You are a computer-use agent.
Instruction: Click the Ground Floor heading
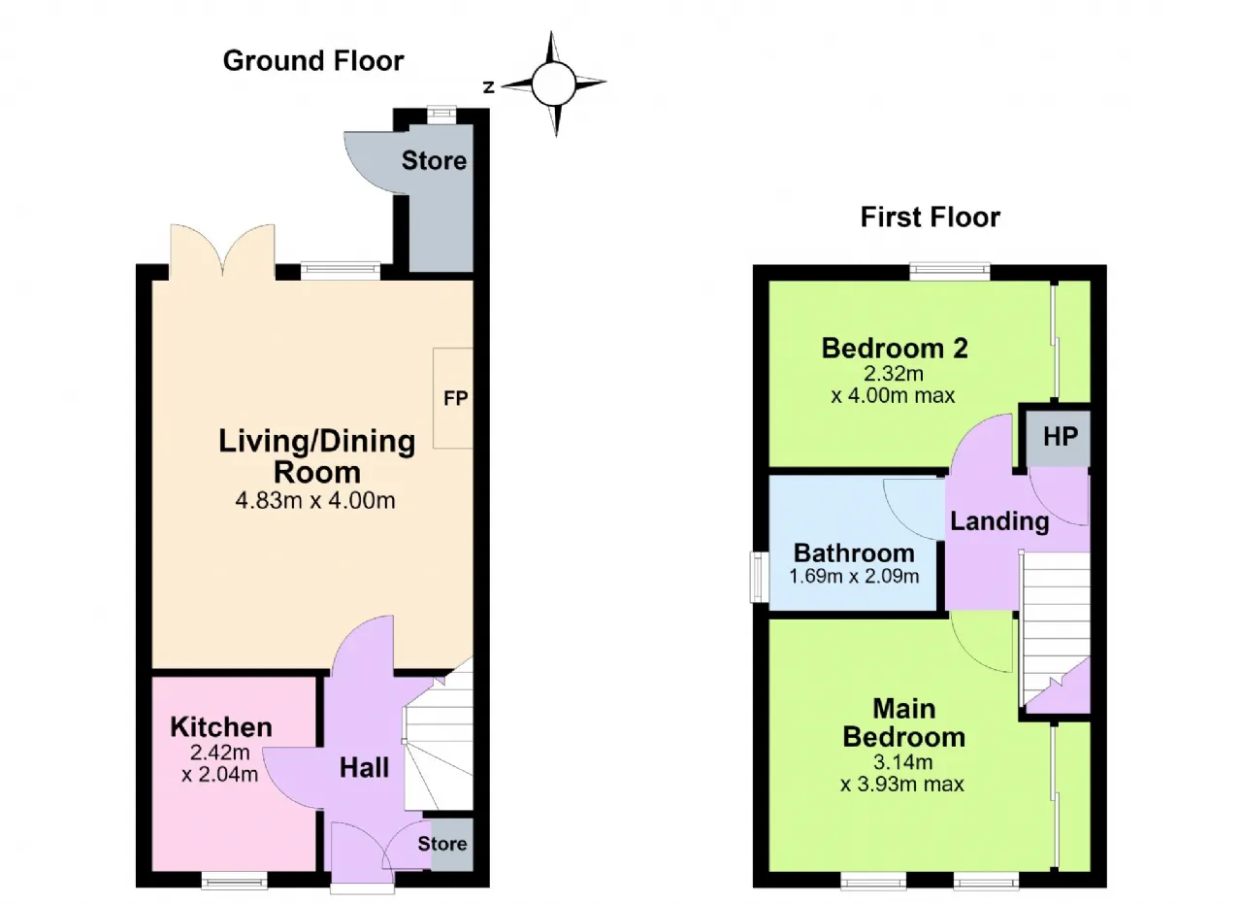point(313,61)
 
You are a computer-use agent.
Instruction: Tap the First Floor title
point(931,217)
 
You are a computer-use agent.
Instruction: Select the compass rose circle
point(553,84)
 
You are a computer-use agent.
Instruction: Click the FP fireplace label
point(456,398)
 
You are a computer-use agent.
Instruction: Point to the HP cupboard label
point(1061,437)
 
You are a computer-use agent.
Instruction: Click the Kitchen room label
point(220,727)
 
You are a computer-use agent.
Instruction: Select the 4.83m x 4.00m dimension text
point(315,501)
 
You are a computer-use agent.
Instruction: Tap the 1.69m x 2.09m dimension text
point(854,576)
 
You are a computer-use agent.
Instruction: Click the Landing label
point(999,521)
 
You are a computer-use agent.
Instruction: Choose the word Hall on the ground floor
point(364,768)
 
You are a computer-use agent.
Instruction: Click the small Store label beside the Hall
point(441,844)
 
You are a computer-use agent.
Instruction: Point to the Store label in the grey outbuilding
point(434,161)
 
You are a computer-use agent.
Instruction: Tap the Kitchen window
point(234,880)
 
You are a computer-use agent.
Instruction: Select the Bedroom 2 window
point(950,271)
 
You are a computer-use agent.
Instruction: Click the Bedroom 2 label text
point(895,349)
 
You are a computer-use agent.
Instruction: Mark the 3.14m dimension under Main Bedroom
point(903,762)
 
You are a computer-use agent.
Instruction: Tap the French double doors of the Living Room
point(222,251)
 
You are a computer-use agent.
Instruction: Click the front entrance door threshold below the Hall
point(362,888)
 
